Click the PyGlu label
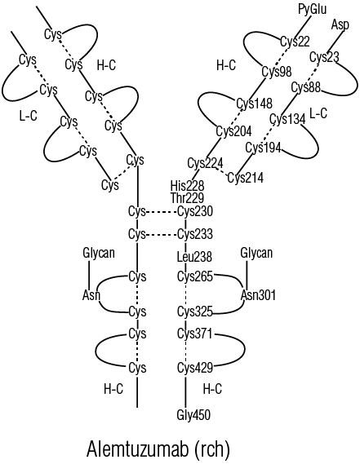[x=313, y=9]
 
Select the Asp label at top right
[x=340, y=24]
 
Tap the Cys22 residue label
[x=295, y=42]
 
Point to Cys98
[x=277, y=72]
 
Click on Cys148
[x=254, y=104]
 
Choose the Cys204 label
[x=233, y=131]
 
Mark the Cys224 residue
[x=206, y=163]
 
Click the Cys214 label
[x=246, y=178]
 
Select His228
[x=187, y=186]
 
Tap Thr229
[x=187, y=197]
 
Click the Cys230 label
[x=195, y=211]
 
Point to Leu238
[x=194, y=257]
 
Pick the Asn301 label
[x=258, y=295]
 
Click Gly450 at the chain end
[x=193, y=414]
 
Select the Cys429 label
[x=195, y=368]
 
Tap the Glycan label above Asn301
[x=256, y=254]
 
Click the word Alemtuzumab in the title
[x=138, y=449]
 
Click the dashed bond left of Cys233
[x=162, y=235]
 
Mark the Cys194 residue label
[x=264, y=148]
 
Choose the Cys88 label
[x=306, y=87]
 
